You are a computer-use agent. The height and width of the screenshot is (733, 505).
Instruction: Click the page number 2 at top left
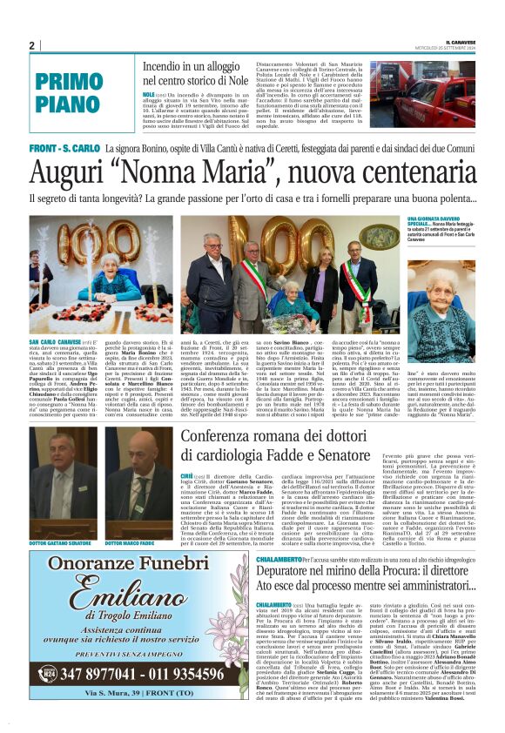32,45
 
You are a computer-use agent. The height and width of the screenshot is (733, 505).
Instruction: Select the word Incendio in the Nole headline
165,66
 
